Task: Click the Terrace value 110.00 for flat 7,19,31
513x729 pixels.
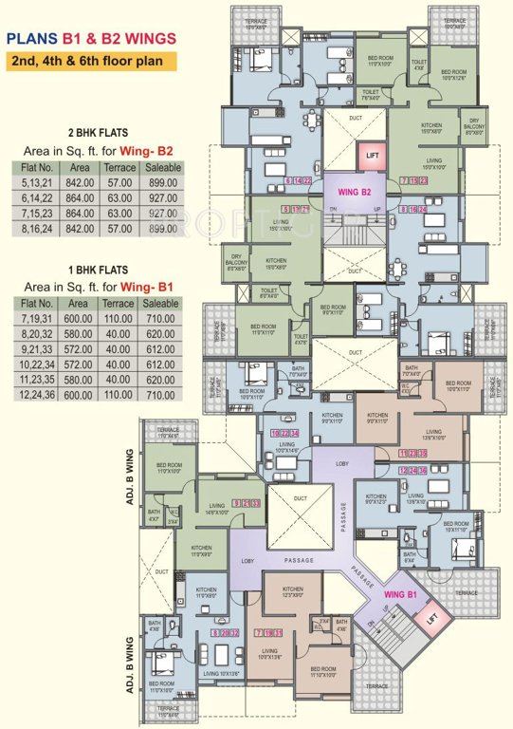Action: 119,320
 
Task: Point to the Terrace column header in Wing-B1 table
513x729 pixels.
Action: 119,304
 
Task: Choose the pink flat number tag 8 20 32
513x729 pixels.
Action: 220,632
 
